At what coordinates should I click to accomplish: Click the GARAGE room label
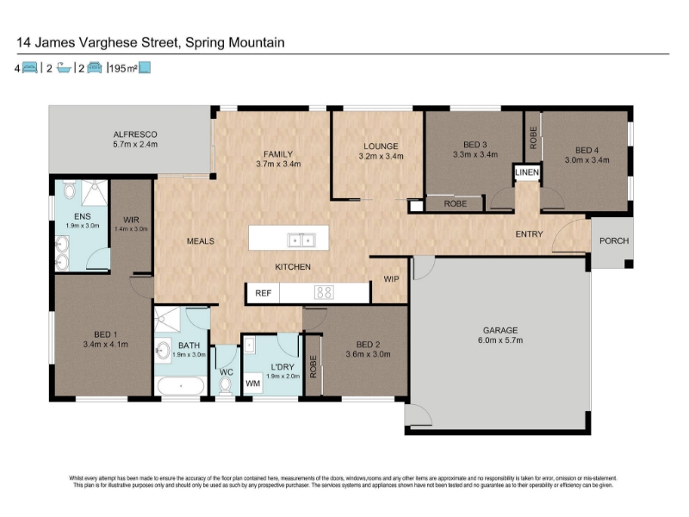[x=500, y=330]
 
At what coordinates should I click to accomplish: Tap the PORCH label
[x=614, y=241]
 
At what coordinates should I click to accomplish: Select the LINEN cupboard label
[x=527, y=172]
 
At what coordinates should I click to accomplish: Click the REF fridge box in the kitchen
[x=264, y=293]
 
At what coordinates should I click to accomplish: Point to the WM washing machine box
[x=252, y=383]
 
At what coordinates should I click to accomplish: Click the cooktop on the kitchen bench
[x=324, y=293]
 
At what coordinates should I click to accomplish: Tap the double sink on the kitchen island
[x=301, y=240]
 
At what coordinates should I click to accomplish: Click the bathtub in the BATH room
[x=181, y=386]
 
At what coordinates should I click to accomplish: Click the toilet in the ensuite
[x=70, y=191]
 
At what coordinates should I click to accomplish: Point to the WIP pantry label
[x=391, y=279]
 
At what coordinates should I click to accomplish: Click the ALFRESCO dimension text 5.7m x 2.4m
[x=135, y=144]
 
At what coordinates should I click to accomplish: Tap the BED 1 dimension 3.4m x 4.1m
[x=105, y=344]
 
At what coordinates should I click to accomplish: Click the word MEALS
[x=201, y=241]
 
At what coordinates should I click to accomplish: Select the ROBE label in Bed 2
[x=313, y=367]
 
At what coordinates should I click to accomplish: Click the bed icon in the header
[x=29, y=68]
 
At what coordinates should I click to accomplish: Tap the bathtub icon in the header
[x=64, y=68]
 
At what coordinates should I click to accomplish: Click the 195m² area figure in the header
[x=123, y=68]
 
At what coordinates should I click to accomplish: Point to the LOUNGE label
[x=381, y=146]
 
